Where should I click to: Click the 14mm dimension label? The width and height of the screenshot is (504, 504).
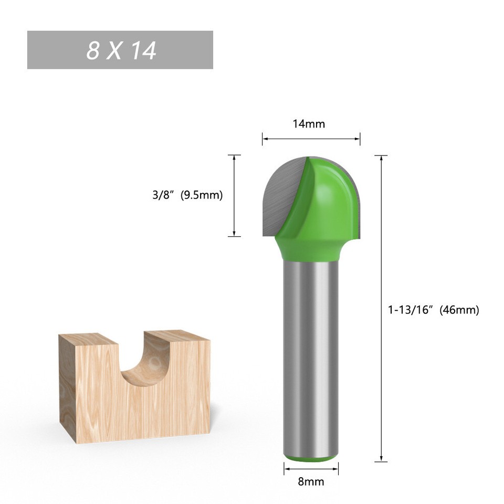(309, 124)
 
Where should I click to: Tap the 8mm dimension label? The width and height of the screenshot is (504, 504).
(311, 481)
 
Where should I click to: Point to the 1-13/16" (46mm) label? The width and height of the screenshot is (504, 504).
(433, 310)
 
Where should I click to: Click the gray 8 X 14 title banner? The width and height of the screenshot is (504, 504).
(120, 50)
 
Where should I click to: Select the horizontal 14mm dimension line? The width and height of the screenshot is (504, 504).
(311, 139)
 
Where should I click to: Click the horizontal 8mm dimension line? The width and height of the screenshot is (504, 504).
(311, 468)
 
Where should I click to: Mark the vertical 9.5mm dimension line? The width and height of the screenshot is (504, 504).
(234, 195)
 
